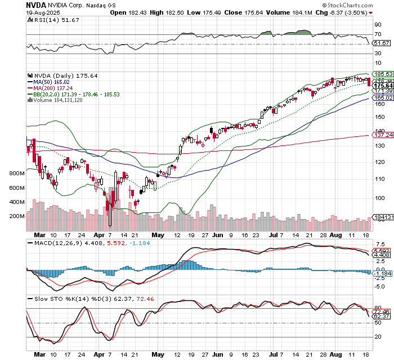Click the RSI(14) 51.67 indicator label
[51, 20]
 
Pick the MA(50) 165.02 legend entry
[53, 82]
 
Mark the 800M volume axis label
[17, 174]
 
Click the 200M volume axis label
[17, 216]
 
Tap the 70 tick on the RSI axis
[377, 34]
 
